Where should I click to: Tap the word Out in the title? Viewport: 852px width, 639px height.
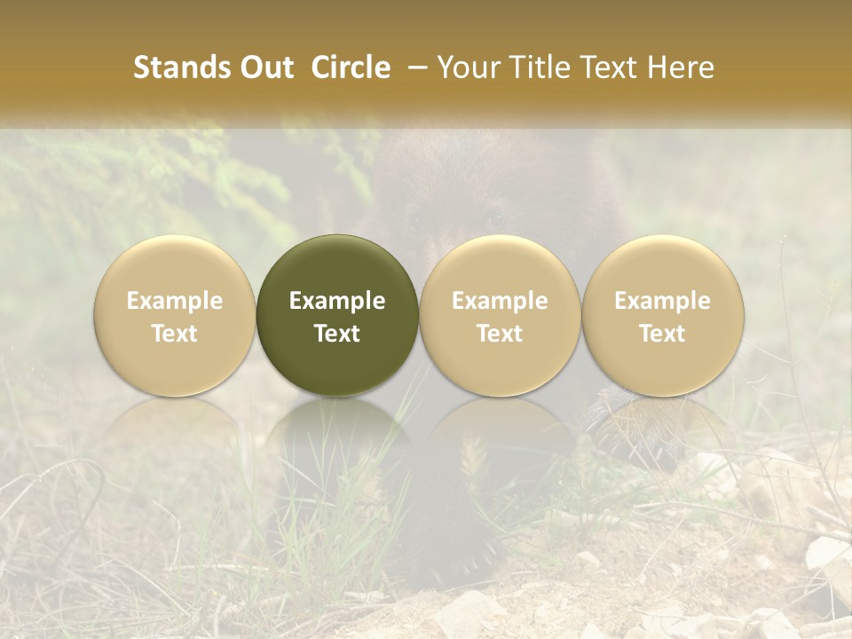(x=264, y=67)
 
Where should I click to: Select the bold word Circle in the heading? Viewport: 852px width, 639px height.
(x=351, y=67)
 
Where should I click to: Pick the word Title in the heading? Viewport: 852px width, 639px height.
(x=537, y=67)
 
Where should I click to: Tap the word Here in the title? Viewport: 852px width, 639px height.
(x=681, y=67)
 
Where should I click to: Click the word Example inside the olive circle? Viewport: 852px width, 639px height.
(x=337, y=301)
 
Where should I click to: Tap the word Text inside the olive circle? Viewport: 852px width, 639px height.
(x=337, y=334)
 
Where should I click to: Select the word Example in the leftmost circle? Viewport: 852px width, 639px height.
(x=175, y=301)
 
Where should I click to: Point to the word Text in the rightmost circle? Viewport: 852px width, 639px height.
(x=663, y=334)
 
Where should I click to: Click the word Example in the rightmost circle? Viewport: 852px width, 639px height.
(x=663, y=301)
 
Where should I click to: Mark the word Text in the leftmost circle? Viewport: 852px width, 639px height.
(x=175, y=334)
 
